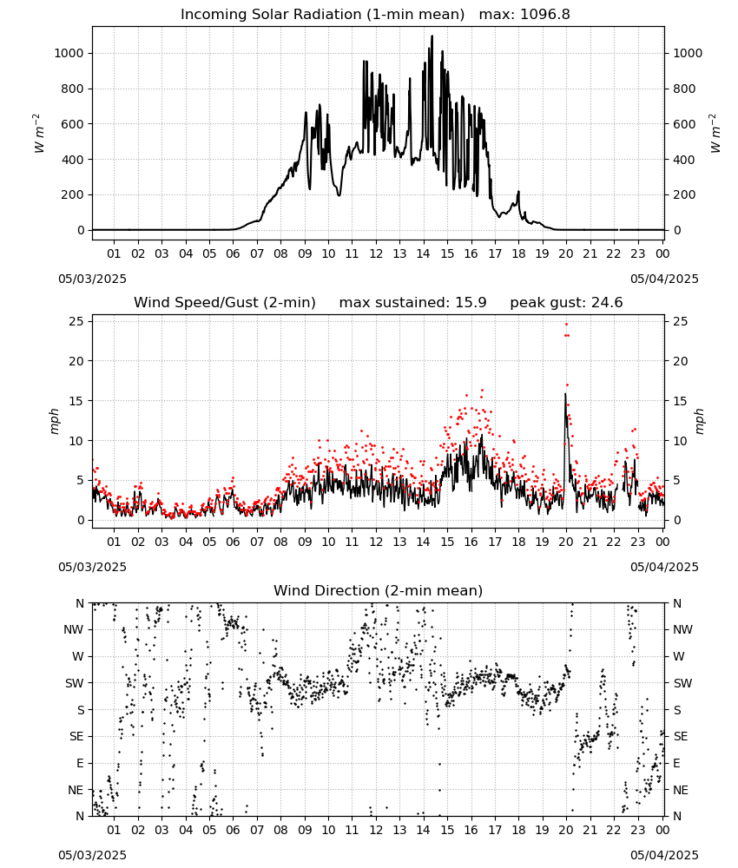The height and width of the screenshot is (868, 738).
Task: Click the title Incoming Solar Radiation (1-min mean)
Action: tap(322, 15)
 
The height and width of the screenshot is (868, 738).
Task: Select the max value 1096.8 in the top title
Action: tap(544, 15)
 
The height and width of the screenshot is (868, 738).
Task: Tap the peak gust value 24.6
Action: tap(605, 303)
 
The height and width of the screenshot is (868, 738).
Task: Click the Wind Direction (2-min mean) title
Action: tap(379, 590)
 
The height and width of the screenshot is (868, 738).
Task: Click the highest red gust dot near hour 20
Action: tap(566, 325)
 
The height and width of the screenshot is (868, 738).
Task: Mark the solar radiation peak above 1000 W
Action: tap(432, 36)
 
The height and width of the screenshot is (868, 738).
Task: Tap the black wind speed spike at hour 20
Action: tap(565, 394)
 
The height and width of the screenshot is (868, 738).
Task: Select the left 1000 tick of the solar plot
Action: tap(69, 53)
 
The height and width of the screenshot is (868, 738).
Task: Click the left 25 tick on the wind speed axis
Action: tap(77, 321)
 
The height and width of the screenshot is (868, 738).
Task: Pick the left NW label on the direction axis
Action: tap(74, 629)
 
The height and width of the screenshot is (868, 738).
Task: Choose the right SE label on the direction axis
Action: tap(681, 736)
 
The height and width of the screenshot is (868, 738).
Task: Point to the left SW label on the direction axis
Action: tap(75, 683)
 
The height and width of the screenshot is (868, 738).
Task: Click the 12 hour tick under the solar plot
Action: tap(376, 253)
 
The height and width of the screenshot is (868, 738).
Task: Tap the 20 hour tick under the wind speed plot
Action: tap(566, 542)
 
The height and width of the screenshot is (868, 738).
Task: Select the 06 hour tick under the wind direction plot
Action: tap(233, 830)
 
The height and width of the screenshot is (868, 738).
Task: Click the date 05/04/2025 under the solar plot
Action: tap(664, 279)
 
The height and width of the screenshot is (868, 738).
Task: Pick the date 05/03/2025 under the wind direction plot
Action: tap(92, 855)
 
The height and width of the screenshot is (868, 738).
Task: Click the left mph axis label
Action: tap(54, 421)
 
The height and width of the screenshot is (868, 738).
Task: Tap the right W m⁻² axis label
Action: tap(715, 134)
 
